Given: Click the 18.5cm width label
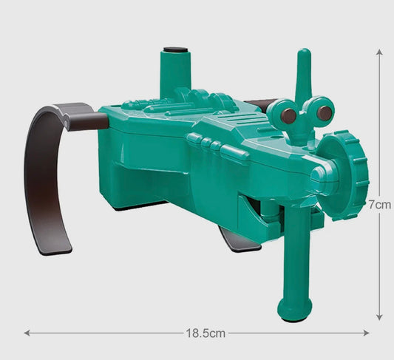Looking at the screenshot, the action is point(206,333).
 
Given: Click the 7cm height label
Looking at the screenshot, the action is point(380,205).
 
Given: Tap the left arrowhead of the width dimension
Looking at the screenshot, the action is point(27,333).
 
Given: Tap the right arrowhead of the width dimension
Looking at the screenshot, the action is point(366,333).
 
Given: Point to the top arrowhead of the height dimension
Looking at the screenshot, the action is point(379,52).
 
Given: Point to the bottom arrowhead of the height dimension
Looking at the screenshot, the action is point(379,317).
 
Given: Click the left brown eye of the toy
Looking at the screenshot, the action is point(288,116).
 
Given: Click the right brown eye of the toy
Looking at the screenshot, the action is point(325,113).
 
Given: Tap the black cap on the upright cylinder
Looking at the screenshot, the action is point(175,50).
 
